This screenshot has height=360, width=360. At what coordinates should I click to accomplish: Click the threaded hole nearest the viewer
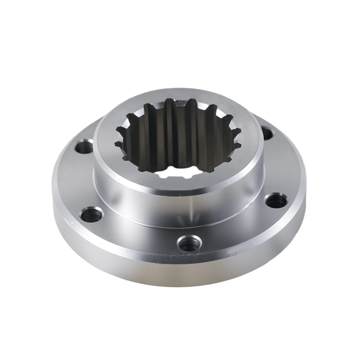coord(187,243)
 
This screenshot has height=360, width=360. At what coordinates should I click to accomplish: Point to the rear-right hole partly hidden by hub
coord(267,133)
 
